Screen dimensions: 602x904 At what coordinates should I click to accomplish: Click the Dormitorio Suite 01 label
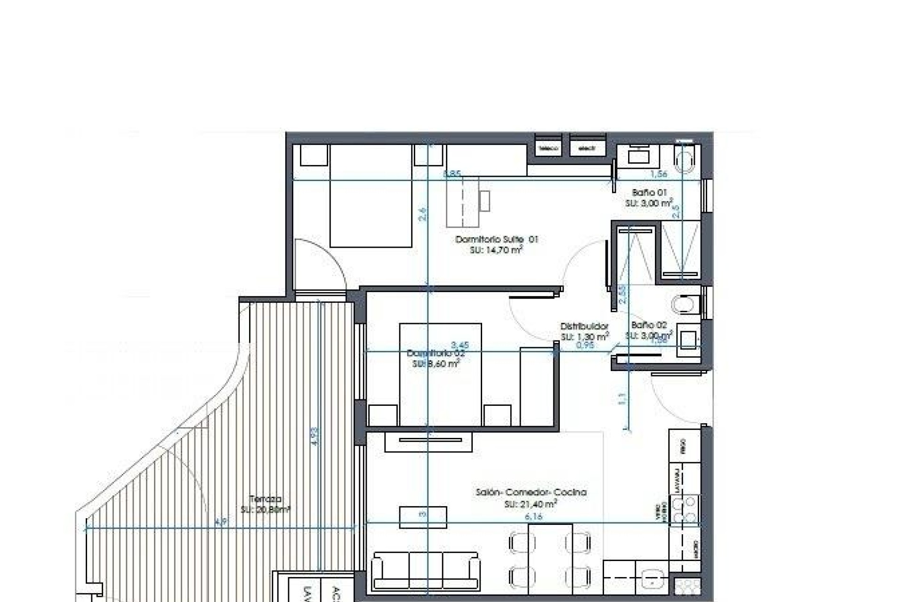click(x=496, y=239)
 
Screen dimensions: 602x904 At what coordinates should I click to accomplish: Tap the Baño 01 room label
click(x=649, y=192)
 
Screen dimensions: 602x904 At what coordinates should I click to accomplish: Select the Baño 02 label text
click(x=649, y=325)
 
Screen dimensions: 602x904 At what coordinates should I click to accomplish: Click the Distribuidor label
click(x=584, y=326)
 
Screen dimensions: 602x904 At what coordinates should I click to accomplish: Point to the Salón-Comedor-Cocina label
click(x=531, y=492)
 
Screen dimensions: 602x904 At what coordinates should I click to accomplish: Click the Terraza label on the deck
click(x=266, y=499)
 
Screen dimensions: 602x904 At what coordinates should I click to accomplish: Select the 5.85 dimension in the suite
click(x=452, y=174)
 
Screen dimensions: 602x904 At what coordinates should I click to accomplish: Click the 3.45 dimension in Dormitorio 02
click(x=460, y=345)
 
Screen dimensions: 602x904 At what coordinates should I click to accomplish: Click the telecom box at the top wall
click(x=549, y=148)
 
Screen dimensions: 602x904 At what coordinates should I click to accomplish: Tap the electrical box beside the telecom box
click(x=587, y=148)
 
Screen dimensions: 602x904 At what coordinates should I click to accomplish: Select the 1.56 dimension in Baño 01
click(x=658, y=174)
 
